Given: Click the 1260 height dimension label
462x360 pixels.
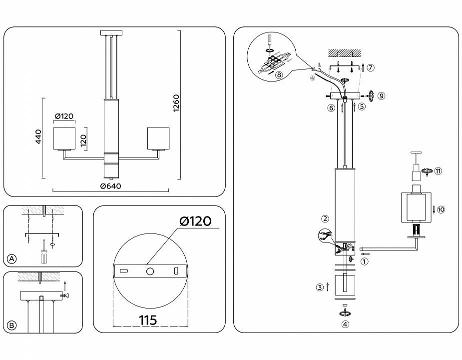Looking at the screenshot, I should pyautogui.click(x=176, y=103).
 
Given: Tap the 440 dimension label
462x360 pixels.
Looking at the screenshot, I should pyautogui.click(x=38, y=136).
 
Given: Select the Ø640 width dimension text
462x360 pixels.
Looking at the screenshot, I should pyautogui.click(x=110, y=186).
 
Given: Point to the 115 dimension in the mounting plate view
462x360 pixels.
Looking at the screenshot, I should pyautogui.click(x=148, y=319).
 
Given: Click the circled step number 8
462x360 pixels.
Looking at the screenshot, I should pyautogui.click(x=278, y=74).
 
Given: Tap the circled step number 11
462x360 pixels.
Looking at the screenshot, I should pyautogui.click(x=439, y=170).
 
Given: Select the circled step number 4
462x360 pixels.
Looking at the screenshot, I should pyautogui.click(x=345, y=323).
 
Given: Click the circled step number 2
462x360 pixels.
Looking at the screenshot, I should pyautogui.click(x=325, y=218).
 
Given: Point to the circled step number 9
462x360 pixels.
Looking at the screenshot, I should pyautogui.click(x=382, y=95).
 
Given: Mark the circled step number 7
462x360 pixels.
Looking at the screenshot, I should pyautogui.click(x=370, y=67).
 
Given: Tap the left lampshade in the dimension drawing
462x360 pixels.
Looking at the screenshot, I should pyautogui.click(x=64, y=138).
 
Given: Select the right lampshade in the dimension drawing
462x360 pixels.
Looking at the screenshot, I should pyautogui.click(x=158, y=138).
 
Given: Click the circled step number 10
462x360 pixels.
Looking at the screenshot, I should pyautogui.click(x=441, y=209).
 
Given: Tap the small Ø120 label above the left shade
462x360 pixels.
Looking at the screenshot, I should pyautogui.click(x=64, y=116).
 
